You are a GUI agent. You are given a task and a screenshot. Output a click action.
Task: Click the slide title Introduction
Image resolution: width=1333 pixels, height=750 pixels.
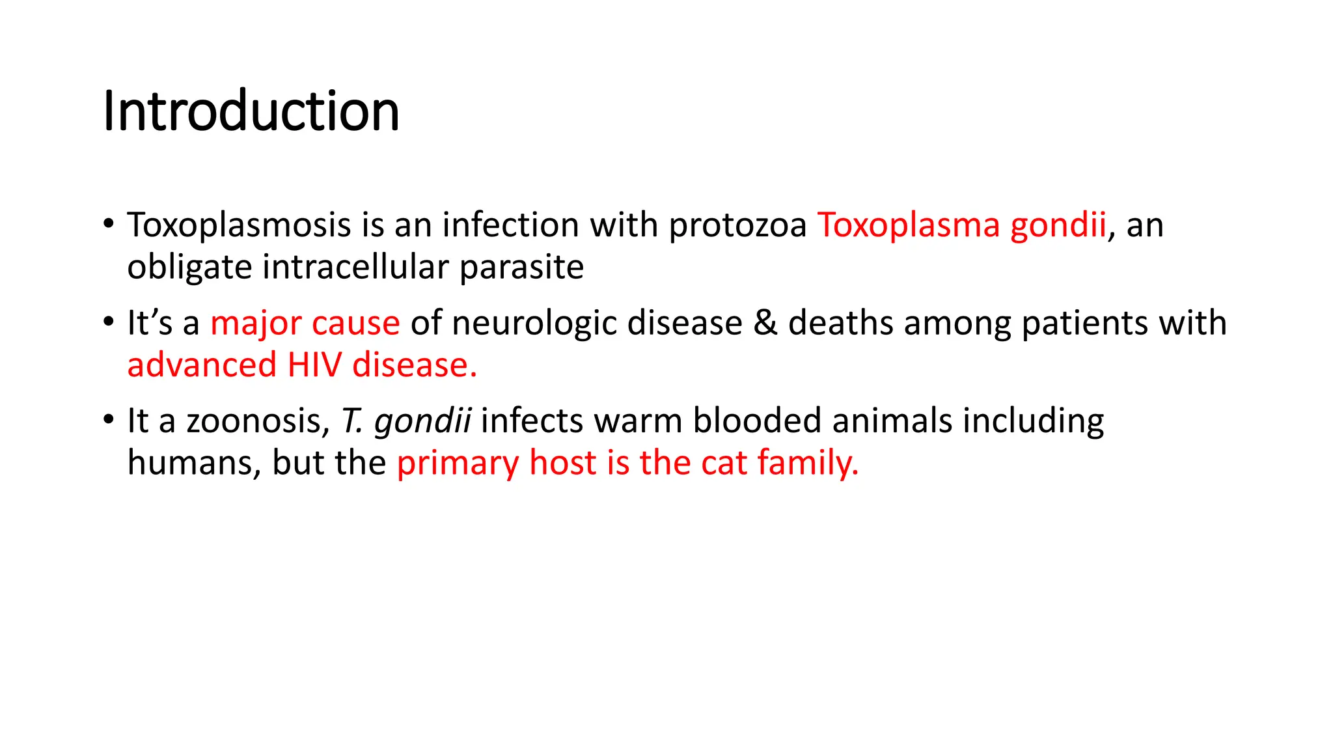251,112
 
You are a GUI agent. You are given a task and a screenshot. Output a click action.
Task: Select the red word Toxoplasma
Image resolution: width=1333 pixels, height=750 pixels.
909,225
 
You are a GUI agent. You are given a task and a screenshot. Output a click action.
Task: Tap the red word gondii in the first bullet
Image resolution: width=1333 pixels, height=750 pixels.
1058,225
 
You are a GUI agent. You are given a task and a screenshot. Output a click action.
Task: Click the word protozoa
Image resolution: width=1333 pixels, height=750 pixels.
737,225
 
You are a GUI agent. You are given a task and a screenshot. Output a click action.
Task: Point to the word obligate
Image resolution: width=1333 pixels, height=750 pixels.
189,268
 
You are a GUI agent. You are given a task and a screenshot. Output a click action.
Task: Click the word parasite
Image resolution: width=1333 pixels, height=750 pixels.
521,268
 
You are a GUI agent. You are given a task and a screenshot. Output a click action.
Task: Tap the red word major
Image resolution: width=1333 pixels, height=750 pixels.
256,324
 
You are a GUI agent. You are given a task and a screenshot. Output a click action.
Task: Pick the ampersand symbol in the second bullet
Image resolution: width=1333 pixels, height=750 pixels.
765,324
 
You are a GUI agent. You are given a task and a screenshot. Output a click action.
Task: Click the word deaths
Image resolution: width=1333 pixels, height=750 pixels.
840,324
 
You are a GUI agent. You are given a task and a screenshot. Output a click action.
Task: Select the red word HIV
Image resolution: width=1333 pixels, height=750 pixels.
314,365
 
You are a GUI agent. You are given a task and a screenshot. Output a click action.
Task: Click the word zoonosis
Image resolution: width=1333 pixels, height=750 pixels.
258,421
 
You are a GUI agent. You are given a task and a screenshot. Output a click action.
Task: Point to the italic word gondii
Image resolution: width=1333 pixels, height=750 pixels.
422,421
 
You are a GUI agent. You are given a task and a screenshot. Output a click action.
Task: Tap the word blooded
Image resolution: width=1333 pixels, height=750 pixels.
757,421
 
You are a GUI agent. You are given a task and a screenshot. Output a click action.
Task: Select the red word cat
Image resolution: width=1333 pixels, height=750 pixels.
724,463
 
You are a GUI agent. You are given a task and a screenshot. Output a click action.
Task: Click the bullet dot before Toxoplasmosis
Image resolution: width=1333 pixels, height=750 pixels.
109,224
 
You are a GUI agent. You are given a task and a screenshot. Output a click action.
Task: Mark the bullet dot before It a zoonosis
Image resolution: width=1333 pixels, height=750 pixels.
109,420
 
